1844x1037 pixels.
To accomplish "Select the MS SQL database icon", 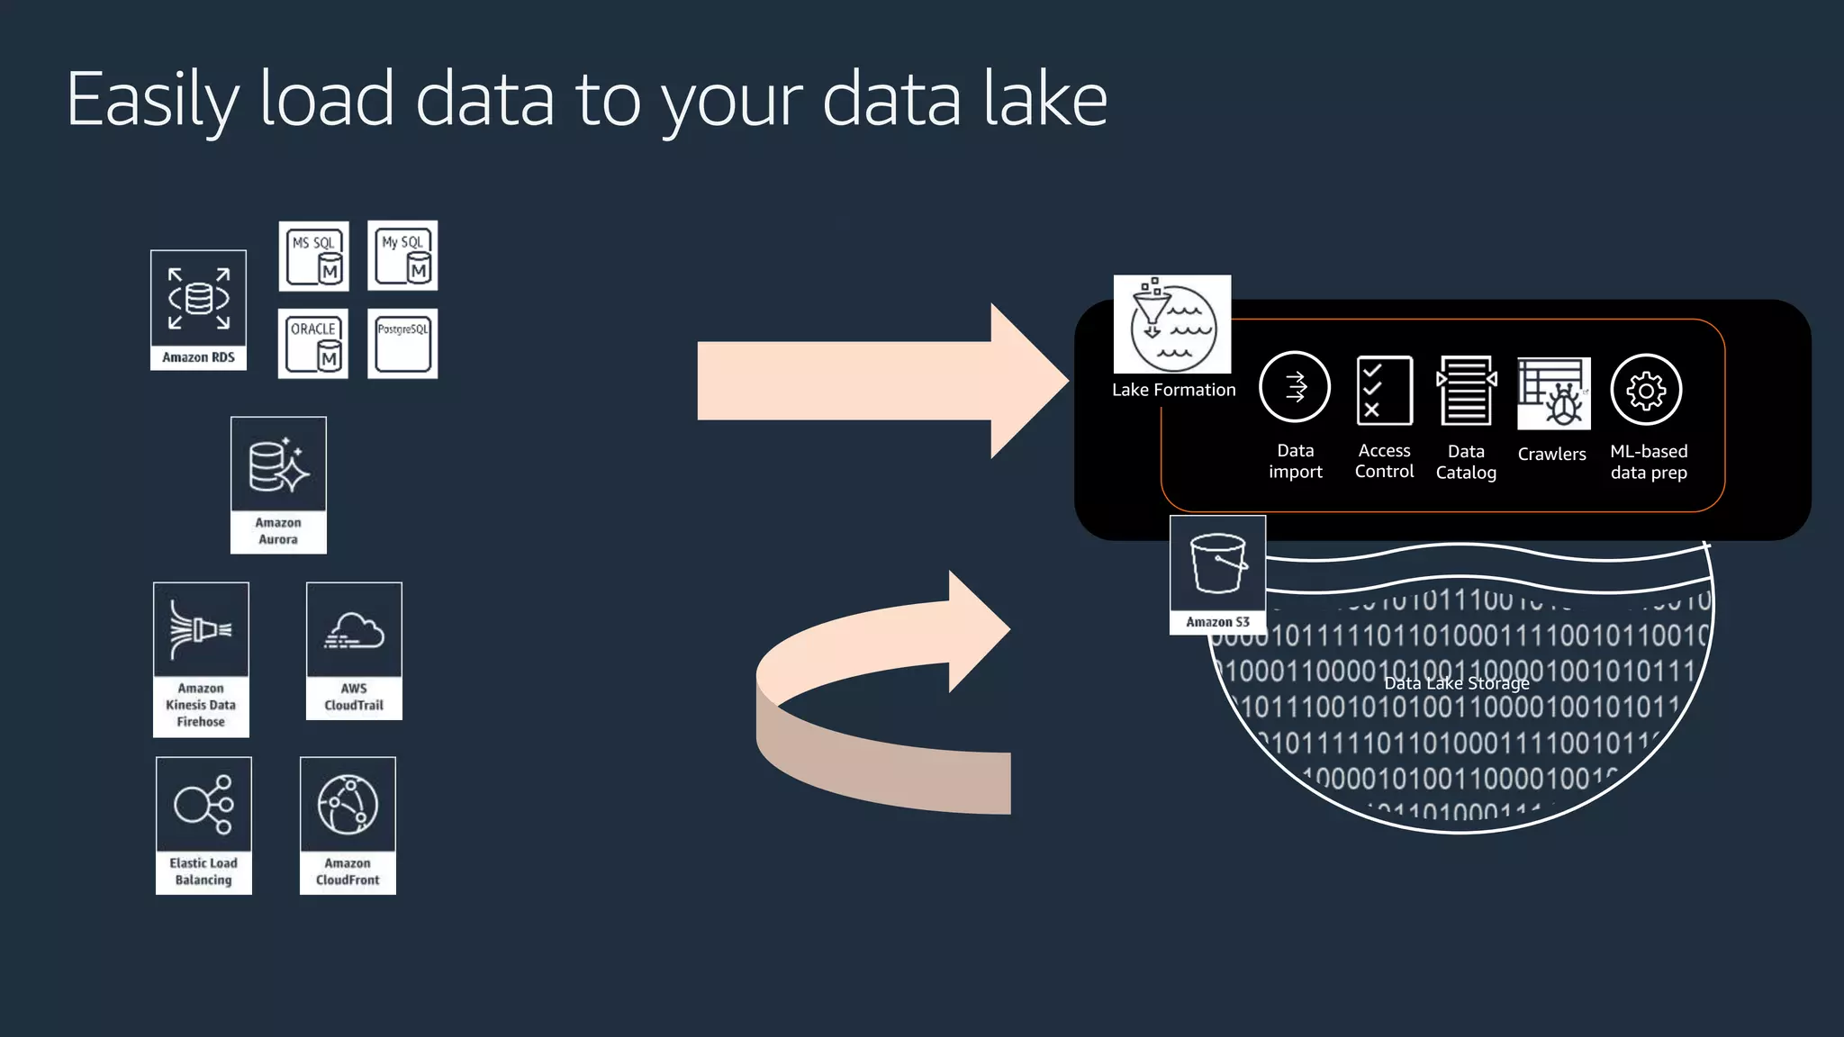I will (x=313, y=257).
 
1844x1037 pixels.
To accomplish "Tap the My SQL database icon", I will (x=402, y=256).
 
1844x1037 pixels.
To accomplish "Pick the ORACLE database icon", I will (x=313, y=344).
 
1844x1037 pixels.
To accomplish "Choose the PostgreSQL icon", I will (x=402, y=344).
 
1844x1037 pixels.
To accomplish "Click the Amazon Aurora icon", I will (x=278, y=466).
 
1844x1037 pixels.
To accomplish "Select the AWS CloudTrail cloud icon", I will (x=354, y=631).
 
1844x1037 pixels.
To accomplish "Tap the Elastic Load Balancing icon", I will (x=203, y=804).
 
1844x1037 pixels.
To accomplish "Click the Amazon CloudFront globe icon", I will (x=348, y=805).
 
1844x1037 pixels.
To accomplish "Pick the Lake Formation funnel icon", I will (x=1172, y=324).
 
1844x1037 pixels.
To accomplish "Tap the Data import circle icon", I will (x=1295, y=388).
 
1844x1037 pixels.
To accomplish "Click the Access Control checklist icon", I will (x=1384, y=390).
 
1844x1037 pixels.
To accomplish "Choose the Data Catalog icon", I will (x=1466, y=390).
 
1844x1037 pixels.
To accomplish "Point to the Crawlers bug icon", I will (x=1553, y=393).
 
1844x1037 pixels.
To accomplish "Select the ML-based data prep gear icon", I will (x=1646, y=390).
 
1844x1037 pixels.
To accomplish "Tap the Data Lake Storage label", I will (x=1456, y=683).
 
